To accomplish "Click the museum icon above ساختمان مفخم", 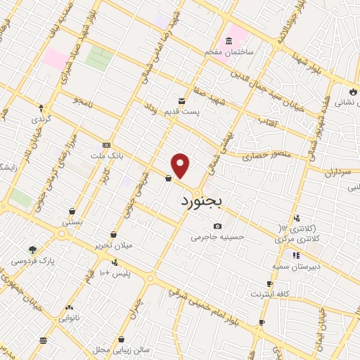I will point(229,41).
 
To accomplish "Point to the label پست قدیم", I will point(183,111).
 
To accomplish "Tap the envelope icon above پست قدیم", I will point(182,101).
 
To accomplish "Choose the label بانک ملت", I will point(107,155).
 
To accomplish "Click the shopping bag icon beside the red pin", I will point(168,179).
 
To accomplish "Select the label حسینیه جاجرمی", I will point(218,237).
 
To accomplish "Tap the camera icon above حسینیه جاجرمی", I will point(218,226).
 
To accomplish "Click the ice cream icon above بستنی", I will point(72,210).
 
